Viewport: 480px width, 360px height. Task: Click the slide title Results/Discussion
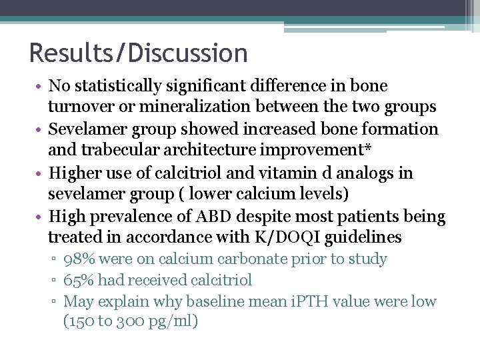pyautogui.click(x=138, y=53)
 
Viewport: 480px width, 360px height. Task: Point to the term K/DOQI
pyautogui.click(x=279, y=238)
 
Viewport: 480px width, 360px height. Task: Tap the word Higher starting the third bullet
pyautogui.click(x=74, y=173)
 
